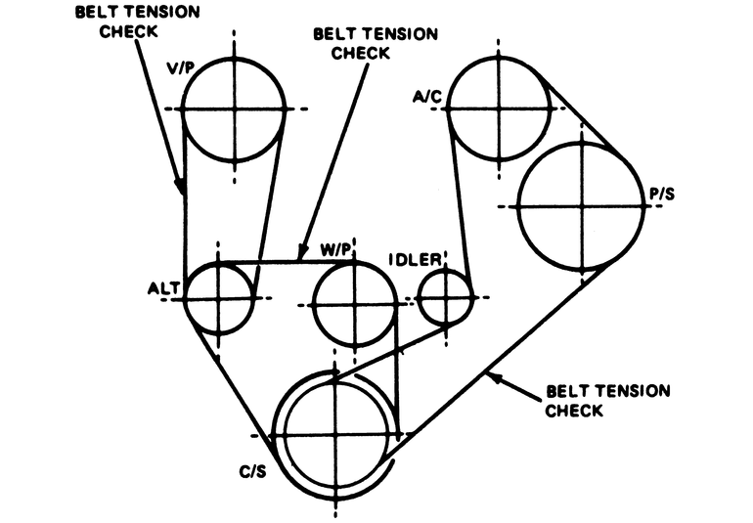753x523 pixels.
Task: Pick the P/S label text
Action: point(661,196)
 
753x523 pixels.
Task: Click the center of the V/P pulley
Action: point(235,108)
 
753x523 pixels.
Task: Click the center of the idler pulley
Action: point(445,296)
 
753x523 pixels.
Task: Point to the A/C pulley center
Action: point(499,108)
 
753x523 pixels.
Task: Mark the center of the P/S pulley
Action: point(582,206)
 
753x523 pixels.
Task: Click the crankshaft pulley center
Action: point(334,435)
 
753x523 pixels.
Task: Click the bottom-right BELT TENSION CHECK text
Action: point(608,401)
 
